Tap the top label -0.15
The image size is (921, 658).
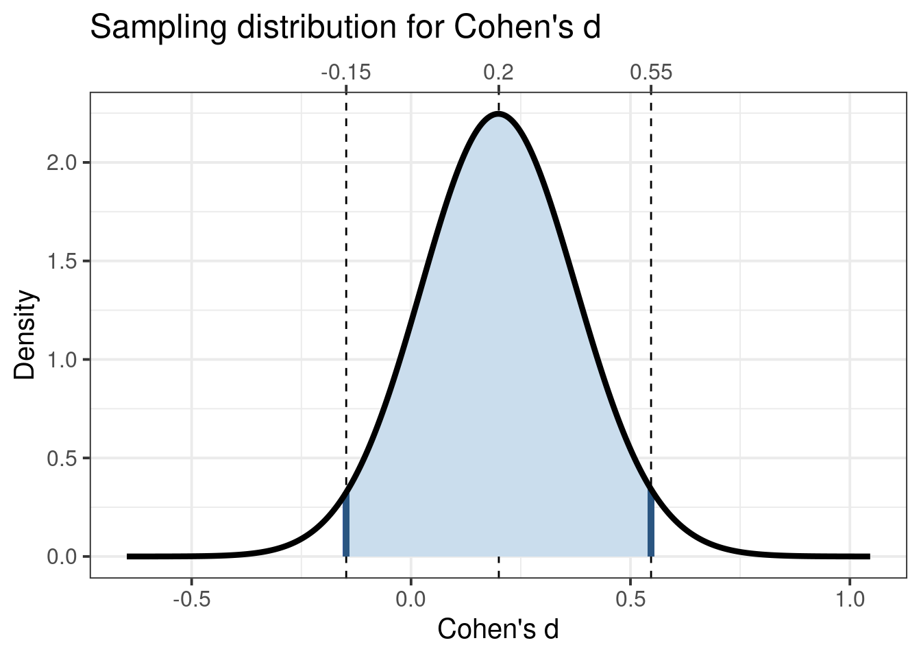coord(345,72)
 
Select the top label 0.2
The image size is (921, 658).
coord(498,72)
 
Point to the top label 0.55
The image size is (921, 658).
coord(651,72)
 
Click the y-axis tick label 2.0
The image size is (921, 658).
coord(60,163)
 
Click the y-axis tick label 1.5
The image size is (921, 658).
coord(60,261)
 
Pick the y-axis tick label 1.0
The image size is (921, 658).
coord(60,360)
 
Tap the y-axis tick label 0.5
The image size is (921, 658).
coord(60,458)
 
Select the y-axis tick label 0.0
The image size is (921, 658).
coord(60,557)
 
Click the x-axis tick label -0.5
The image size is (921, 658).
coord(191,600)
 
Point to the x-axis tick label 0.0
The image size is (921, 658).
coord(410,600)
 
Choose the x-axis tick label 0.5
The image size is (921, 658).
coord(630,600)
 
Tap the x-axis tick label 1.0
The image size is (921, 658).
coord(850,600)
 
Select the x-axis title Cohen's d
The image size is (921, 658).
coord(498,630)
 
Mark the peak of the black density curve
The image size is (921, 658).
coord(498,113)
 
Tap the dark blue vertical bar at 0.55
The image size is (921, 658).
coord(651,524)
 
